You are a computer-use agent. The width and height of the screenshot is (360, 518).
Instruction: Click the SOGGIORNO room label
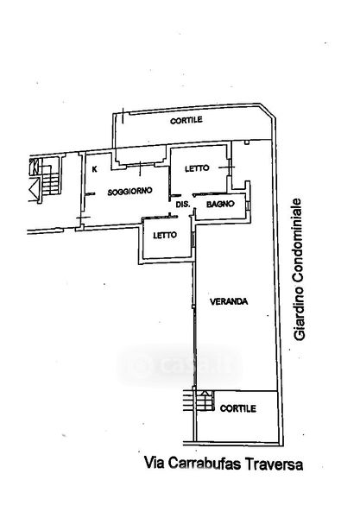click(x=129, y=191)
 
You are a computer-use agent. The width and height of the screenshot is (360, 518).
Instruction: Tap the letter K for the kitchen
click(x=94, y=169)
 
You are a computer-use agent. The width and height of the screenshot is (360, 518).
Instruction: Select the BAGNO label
click(x=220, y=204)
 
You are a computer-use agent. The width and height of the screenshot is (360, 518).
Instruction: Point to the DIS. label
click(x=183, y=205)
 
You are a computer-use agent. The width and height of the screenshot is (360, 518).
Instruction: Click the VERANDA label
click(x=229, y=301)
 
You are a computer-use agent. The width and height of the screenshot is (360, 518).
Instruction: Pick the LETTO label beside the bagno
click(x=197, y=168)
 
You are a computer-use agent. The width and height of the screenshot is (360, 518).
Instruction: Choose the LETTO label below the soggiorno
click(x=165, y=235)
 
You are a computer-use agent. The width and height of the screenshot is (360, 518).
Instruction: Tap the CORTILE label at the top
click(x=186, y=121)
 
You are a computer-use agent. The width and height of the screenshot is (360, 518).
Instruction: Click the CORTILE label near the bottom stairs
click(x=237, y=408)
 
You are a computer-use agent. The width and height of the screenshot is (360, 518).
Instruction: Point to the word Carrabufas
click(x=205, y=464)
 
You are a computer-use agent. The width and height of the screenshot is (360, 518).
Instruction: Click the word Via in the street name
click(x=155, y=463)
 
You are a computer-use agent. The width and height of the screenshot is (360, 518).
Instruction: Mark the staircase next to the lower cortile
click(x=199, y=401)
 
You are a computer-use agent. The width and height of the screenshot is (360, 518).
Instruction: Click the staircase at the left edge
click(x=49, y=179)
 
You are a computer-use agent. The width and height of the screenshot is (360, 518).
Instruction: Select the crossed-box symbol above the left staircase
click(x=35, y=167)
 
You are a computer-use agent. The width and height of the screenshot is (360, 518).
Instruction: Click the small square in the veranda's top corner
click(x=246, y=142)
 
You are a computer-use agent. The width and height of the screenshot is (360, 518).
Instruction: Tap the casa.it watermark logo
click(x=180, y=365)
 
